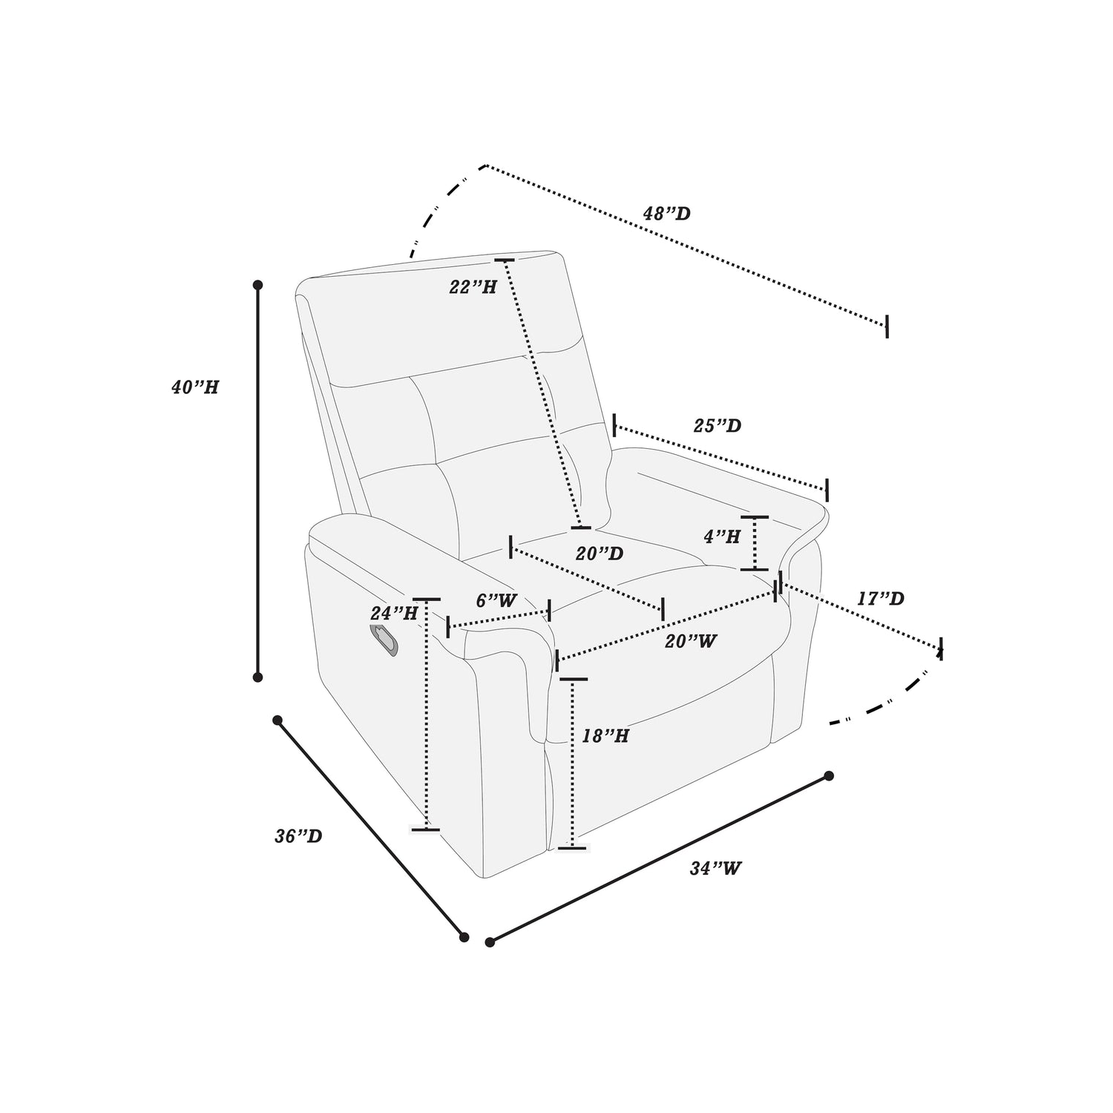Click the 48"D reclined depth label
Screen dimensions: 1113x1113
pos(666,214)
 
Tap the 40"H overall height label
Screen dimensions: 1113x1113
pos(195,387)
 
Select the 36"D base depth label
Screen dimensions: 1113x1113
pos(298,836)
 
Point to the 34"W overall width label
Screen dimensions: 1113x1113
pos(716,868)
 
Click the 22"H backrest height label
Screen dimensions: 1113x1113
pos(473,287)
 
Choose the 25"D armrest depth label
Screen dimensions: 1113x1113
pos(718,426)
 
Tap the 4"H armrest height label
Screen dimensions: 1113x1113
pos(722,536)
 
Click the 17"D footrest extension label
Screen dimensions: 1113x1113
pos(881,598)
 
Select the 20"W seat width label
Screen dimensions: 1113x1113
pos(691,641)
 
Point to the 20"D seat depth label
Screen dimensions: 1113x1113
pos(600,554)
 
